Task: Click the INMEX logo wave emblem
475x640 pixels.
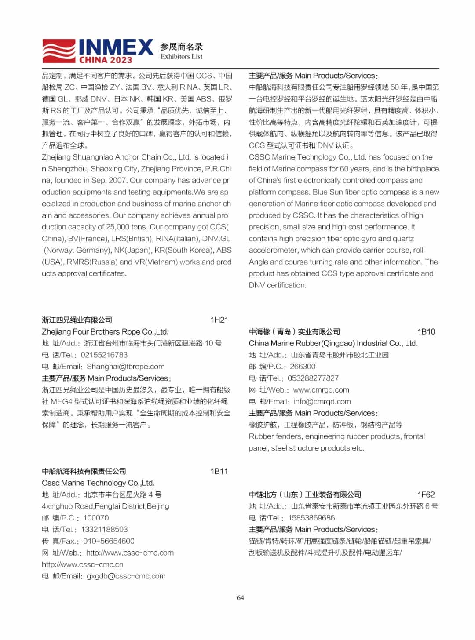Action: (59, 51)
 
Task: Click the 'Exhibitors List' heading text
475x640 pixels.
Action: (181, 57)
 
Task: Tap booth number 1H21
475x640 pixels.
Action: (219, 320)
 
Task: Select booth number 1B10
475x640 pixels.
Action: (426, 331)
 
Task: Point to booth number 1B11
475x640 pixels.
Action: (219, 471)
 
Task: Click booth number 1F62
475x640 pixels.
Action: (426, 495)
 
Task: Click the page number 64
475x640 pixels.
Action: (240, 598)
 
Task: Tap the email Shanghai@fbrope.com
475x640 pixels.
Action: (125, 367)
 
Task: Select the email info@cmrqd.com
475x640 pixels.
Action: (322, 401)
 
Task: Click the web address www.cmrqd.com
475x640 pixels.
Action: (321, 390)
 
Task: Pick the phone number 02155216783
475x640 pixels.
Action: (104, 355)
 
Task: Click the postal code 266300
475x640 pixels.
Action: (302, 367)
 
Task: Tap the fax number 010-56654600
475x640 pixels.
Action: (109, 541)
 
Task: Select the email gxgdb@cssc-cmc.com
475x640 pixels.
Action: (126, 576)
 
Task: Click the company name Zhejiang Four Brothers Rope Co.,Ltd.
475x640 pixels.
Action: (105, 332)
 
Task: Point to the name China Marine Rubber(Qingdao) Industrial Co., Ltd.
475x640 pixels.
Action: (333, 343)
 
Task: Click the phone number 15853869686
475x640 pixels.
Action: (311, 518)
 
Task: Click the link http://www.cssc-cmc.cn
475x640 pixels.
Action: (82, 564)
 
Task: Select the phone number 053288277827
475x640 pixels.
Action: (313, 378)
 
